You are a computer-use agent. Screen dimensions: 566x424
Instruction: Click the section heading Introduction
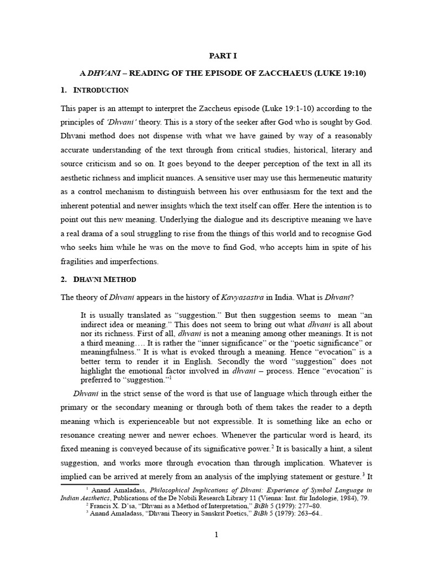point(101,90)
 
